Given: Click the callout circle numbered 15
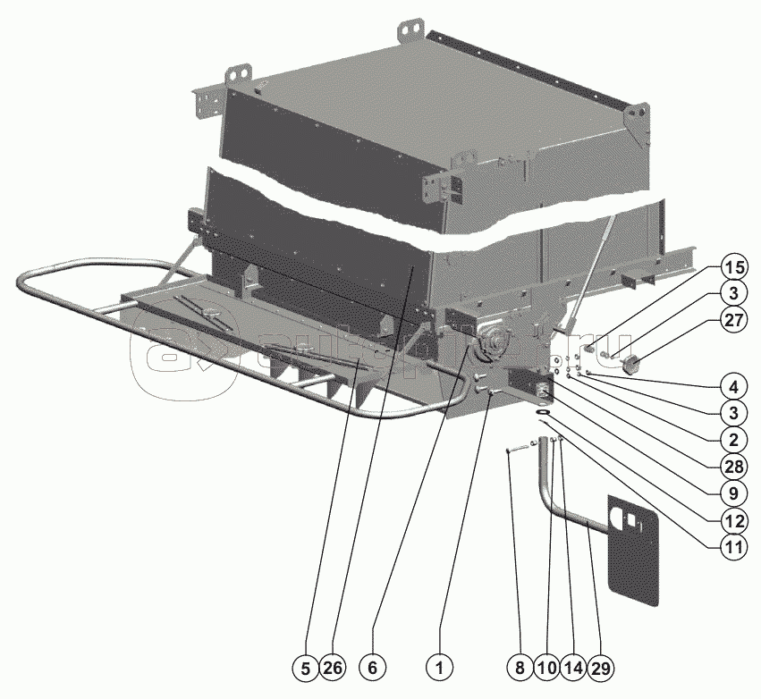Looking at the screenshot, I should pyautogui.click(x=733, y=267).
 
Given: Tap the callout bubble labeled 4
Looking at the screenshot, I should pyautogui.click(x=733, y=389).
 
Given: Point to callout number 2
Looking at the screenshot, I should pyautogui.click(x=733, y=438).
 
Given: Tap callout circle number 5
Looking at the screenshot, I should pyautogui.click(x=308, y=667).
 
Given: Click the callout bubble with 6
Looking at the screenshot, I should pyautogui.click(x=373, y=667).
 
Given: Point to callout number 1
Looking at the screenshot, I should pyautogui.click(x=438, y=667).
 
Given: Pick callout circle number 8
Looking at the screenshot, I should pyautogui.click(x=519, y=667).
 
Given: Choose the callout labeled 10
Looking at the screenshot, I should pyautogui.click(x=546, y=667).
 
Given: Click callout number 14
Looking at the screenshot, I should pyautogui.click(x=573, y=667).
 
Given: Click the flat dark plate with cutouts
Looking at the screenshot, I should pyautogui.click(x=634, y=546).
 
